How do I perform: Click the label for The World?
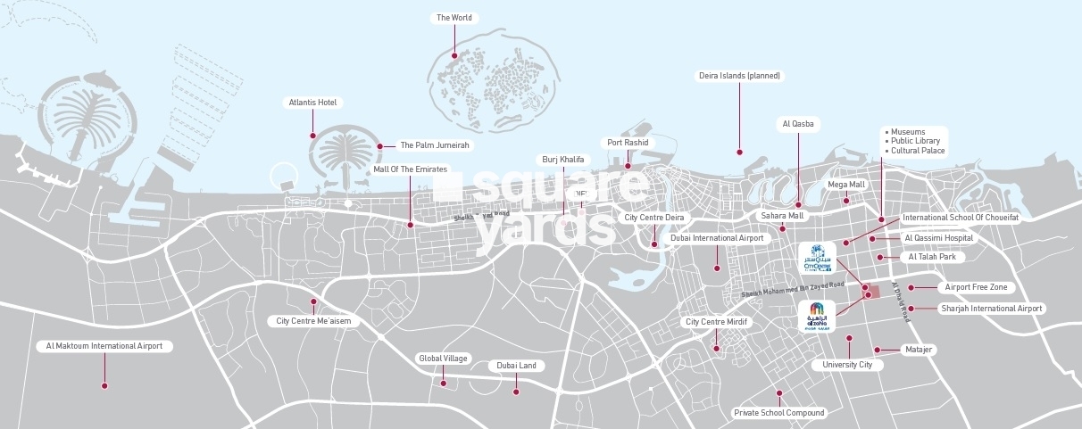click(x=454, y=18)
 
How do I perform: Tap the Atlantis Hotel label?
click(x=312, y=103)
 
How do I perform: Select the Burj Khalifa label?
click(x=563, y=160)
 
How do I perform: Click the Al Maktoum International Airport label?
click(x=104, y=345)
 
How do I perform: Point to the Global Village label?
click(x=443, y=359)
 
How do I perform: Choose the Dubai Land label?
click(x=516, y=366)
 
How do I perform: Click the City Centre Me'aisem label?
click(x=312, y=321)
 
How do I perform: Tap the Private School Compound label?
click(x=778, y=413)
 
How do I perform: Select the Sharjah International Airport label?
click(x=991, y=309)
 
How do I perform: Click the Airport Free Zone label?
click(x=976, y=287)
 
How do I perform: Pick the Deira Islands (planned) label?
click(x=739, y=76)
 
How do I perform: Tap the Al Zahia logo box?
click(x=817, y=317)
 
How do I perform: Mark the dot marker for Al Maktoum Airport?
click(x=104, y=386)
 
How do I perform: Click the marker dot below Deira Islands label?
click(x=739, y=153)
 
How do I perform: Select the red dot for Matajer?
click(x=878, y=350)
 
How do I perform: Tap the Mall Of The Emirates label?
click(x=411, y=169)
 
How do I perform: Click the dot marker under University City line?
click(x=849, y=338)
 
